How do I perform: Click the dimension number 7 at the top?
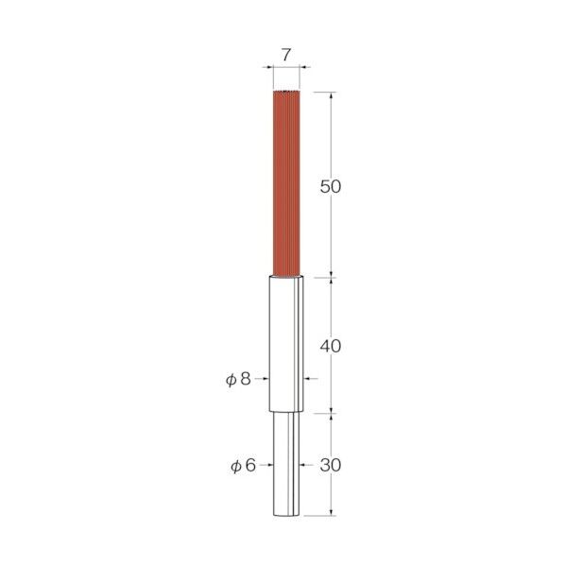point(285,55)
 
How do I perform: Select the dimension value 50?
point(331,187)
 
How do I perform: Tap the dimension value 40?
point(331,347)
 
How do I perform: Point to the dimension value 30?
point(331,465)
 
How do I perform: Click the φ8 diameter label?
point(238,379)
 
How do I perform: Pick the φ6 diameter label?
point(243,465)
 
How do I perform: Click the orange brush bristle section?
point(286,183)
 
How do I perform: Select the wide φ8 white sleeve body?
point(286,343)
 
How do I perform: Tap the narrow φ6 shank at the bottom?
point(286,464)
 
